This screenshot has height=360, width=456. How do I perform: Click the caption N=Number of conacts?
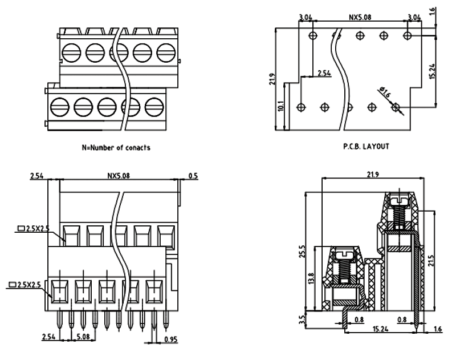pos(116,148)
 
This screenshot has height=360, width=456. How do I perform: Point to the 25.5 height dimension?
pos(303,250)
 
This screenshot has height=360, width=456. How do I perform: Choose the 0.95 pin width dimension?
pos(169,339)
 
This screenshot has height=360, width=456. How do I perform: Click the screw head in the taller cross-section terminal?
pos(401,201)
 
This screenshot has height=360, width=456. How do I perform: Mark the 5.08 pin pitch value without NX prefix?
pos(83,337)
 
